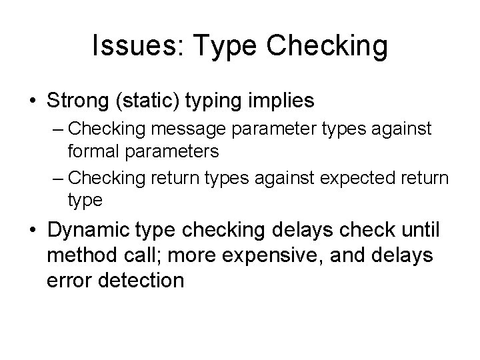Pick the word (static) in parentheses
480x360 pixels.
[x=149, y=101]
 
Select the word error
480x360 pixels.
[x=69, y=280]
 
